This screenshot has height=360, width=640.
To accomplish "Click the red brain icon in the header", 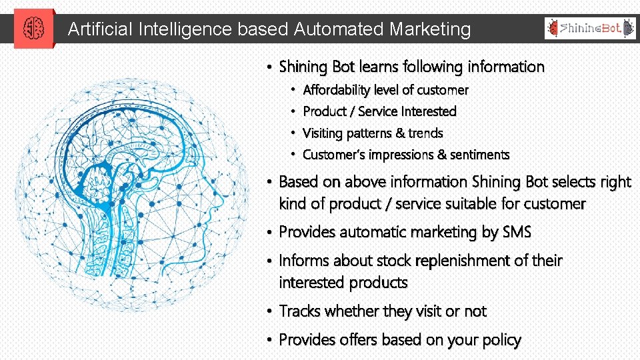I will tap(33, 29).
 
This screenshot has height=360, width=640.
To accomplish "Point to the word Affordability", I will tap(337, 90).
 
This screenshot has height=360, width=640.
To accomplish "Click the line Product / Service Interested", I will tap(379, 111).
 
